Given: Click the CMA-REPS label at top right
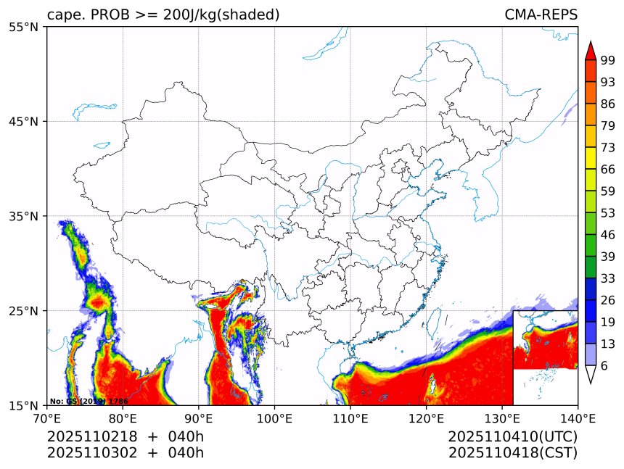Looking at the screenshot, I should [541, 15].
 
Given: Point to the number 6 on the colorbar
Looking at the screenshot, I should [604, 366].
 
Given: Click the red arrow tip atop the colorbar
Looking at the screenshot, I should [590, 50].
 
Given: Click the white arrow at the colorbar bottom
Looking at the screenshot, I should [590, 374].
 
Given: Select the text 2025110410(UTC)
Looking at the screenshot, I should [512, 436].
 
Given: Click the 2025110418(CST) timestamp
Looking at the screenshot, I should [512, 453].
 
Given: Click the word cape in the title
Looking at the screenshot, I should [63, 15].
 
